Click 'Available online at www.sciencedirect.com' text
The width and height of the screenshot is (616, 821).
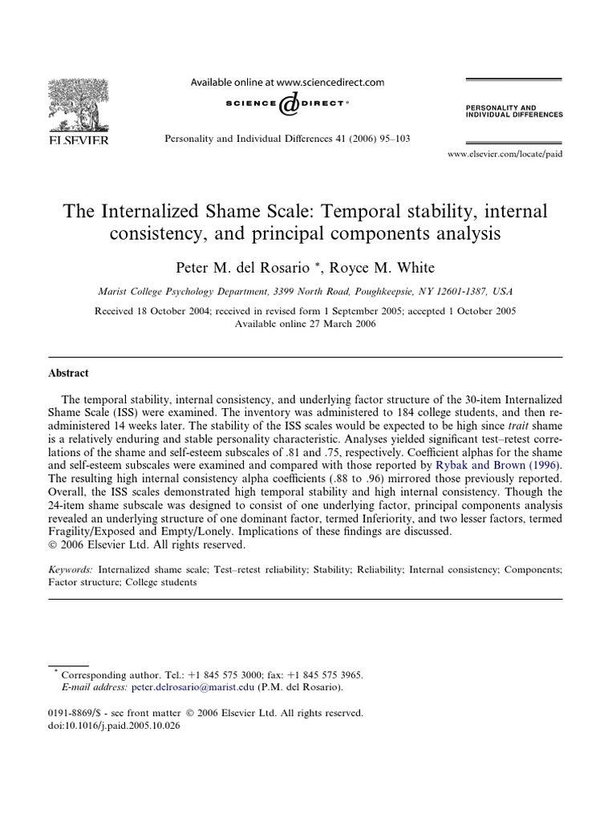286,82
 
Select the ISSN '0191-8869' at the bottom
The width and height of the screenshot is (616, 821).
75,711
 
